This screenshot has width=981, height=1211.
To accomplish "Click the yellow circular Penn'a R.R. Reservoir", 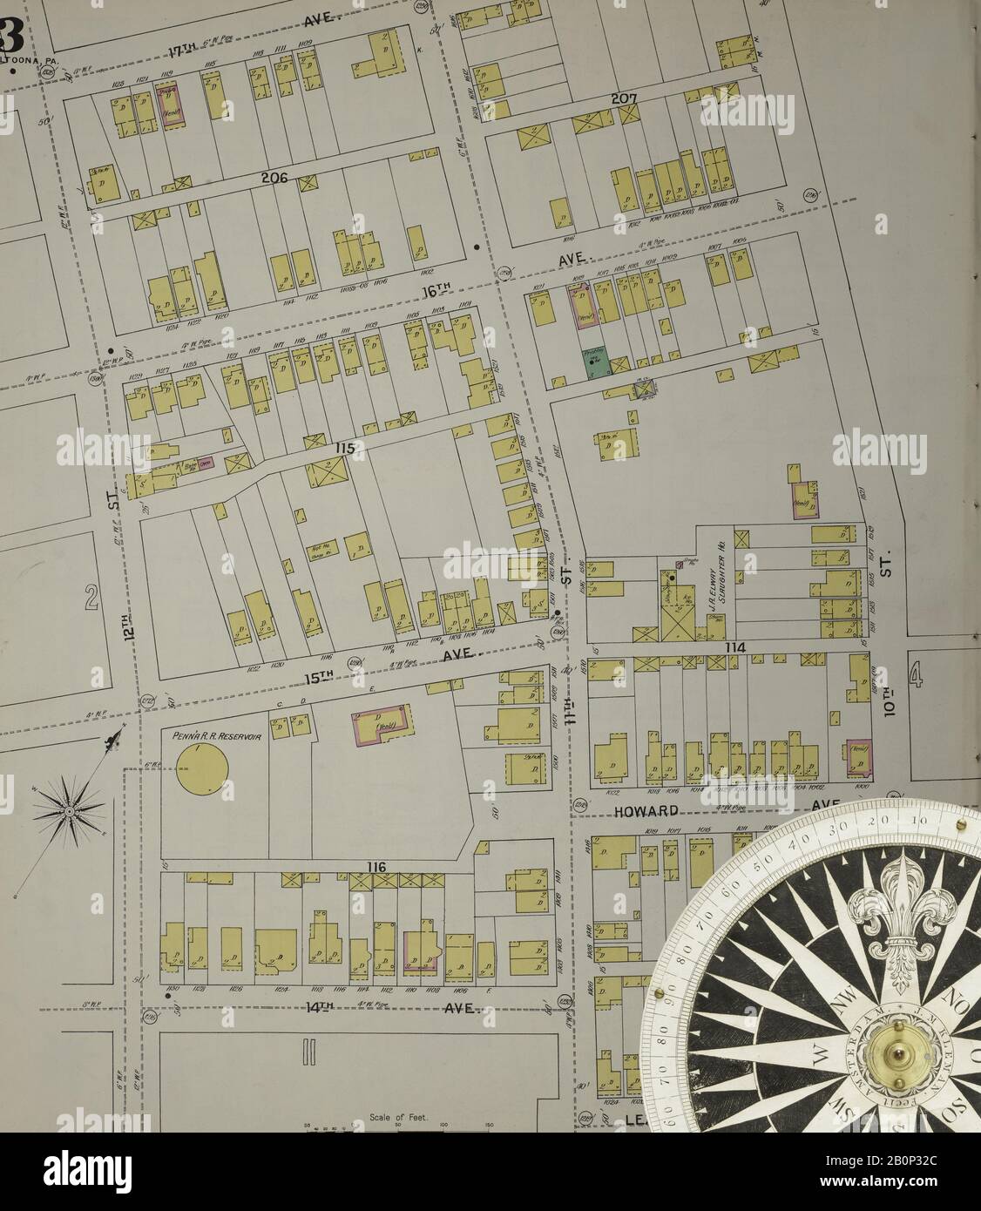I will point(201,768).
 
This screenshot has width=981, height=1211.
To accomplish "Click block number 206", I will point(274,178).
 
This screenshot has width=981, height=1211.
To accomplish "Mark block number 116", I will point(375,867).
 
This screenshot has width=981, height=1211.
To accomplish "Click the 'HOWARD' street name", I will point(645,810).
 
